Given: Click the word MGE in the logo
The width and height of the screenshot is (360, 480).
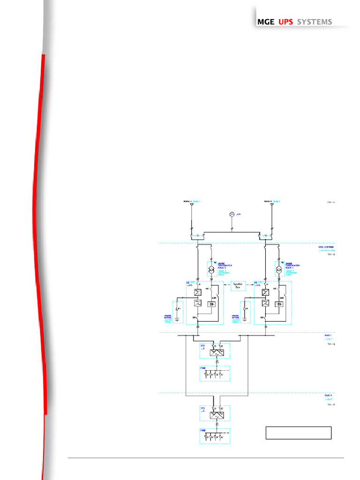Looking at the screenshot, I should coord(266,22).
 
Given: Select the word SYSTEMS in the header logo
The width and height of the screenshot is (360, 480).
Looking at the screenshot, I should coord(315,22).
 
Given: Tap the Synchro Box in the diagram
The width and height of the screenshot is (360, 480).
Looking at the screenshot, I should coord(239,285).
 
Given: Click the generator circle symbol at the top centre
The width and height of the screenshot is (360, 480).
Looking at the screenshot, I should coord(232,214).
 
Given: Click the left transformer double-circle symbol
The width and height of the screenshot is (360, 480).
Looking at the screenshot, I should coord(211,271).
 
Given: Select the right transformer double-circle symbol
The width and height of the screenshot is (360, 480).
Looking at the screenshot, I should coord(278,271).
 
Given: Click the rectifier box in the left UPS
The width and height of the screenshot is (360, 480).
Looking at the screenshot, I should coord(198,292).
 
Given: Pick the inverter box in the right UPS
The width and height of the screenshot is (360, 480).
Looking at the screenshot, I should coord(265,303).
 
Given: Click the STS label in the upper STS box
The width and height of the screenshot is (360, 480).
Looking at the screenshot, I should coord(203,346).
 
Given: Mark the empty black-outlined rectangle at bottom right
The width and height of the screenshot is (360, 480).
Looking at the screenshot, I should coord(299,433).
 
